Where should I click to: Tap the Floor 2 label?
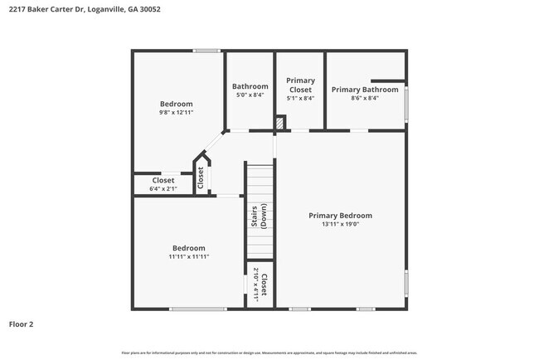pyautogui.click(x=22, y=324)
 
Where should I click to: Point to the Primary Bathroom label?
pyautogui.click(x=365, y=90)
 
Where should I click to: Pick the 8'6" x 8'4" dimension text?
pyautogui.click(x=365, y=98)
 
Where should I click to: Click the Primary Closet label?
pyautogui.click(x=299, y=85)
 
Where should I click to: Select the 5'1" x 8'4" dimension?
pyautogui.click(x=299, y=98)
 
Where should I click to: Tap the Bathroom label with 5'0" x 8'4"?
pyautogui.click(x=250, y=86)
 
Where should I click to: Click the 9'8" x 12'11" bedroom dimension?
pyautogui.click(x=177, y=112)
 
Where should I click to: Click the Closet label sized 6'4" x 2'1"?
pyautogui.click(x=163, y=180)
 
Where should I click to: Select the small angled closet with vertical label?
pyautogui.click(x=201, y=175)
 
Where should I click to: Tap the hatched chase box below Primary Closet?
pyautogui.click(x=280, y=123)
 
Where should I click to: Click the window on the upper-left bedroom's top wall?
pyautogui.click(x=206, y=51)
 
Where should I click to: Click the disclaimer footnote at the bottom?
pyautogui.click(x=269, y=352)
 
